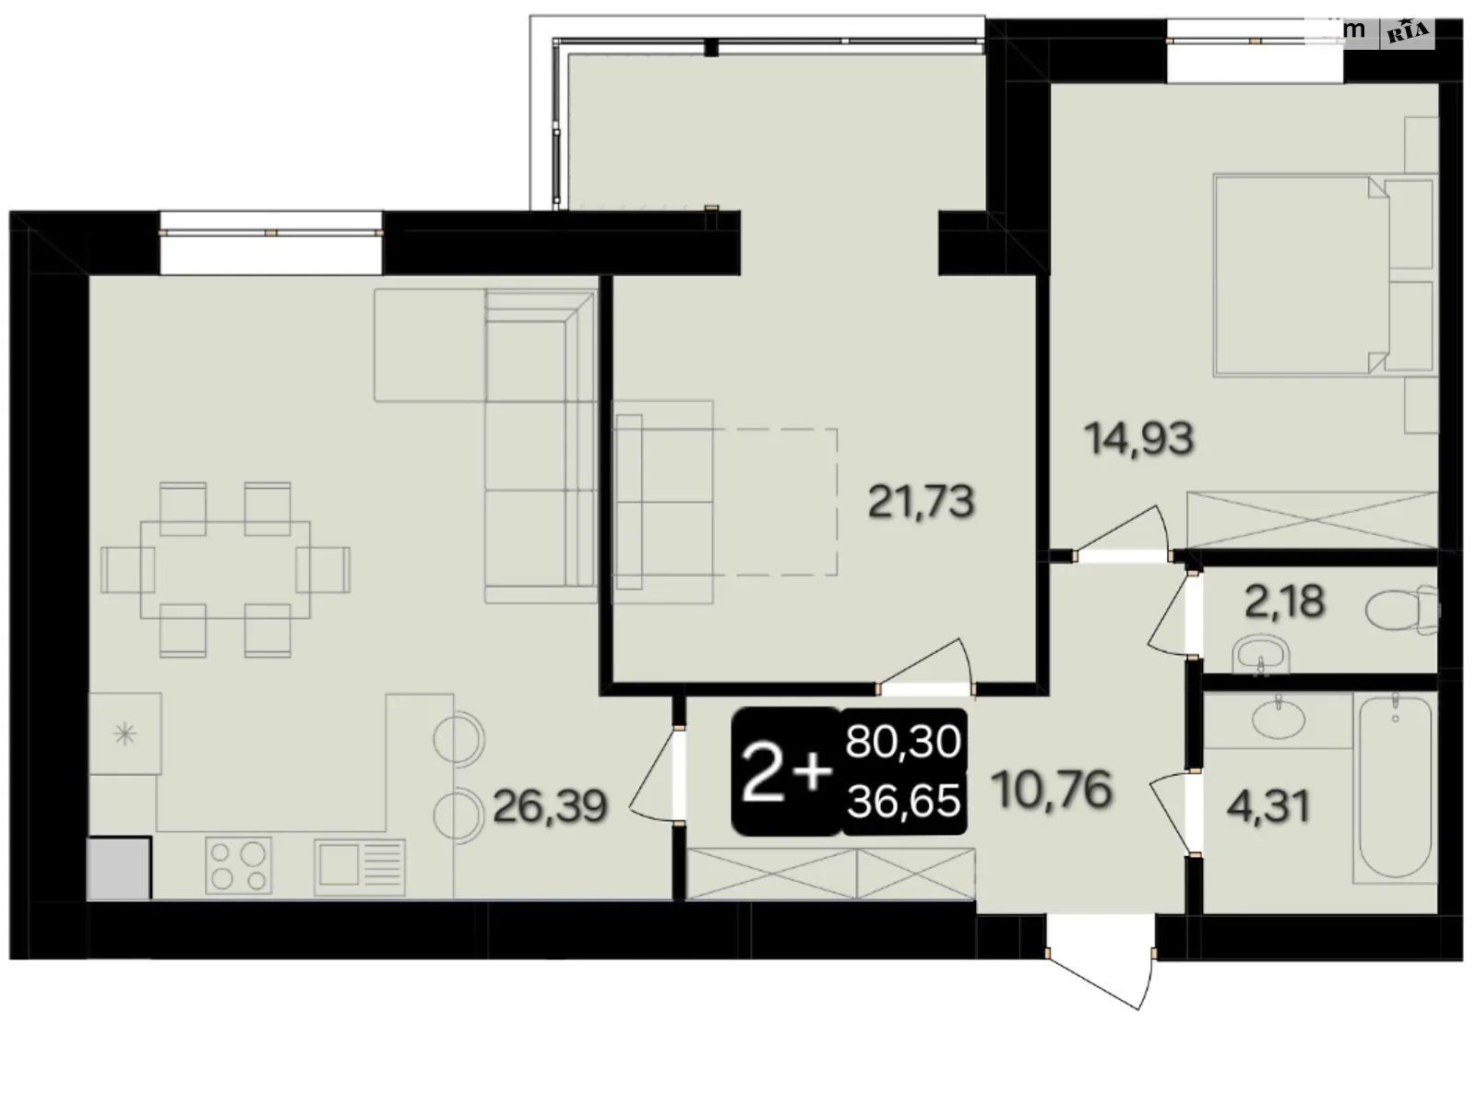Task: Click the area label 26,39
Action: pos(550,806)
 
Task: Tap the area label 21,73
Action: pos(921,503)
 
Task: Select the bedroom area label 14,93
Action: pos(1139,438)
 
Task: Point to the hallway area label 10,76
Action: pos(1053,790)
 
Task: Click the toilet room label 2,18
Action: pos(1284,602)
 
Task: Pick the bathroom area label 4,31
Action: pos(1268,806)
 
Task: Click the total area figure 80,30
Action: pos(904,742)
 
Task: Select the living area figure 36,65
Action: pos(904,801)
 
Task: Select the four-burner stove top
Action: pos(239,865)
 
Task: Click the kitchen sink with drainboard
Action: pos(360,865)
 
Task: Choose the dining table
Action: pos(225,569)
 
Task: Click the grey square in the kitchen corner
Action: pos(118,867)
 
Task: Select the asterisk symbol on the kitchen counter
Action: pos(124,734)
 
